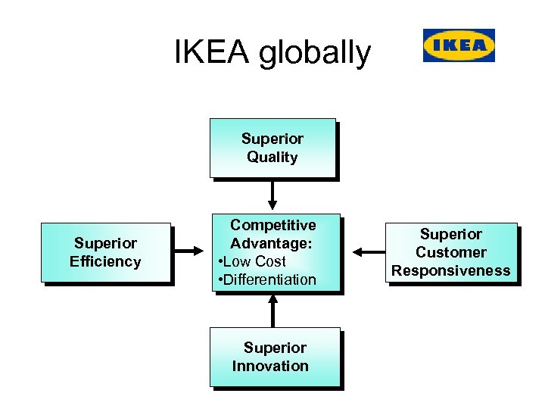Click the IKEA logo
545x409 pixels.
coord(459,45)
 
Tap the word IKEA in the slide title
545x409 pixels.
coord(213,53)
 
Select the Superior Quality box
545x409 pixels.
coord(272,148)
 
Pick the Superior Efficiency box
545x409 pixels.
coord(105,252)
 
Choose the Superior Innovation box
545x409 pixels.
coord(275,357)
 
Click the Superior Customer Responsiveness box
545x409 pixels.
coord(451,252)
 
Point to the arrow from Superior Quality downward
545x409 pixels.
coord(272,195)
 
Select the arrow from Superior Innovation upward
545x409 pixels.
coord(273,311)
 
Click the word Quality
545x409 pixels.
coord(272,158)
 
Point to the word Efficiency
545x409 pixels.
coord(105,262)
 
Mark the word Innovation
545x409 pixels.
coord(270,367)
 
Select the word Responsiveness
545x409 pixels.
coord(451,271)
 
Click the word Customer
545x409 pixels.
coord(451,252)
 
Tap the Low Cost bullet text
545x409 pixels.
coord(254,261)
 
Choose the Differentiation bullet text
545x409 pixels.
coord(269,279)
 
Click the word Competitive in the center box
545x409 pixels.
coord(273,225)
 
